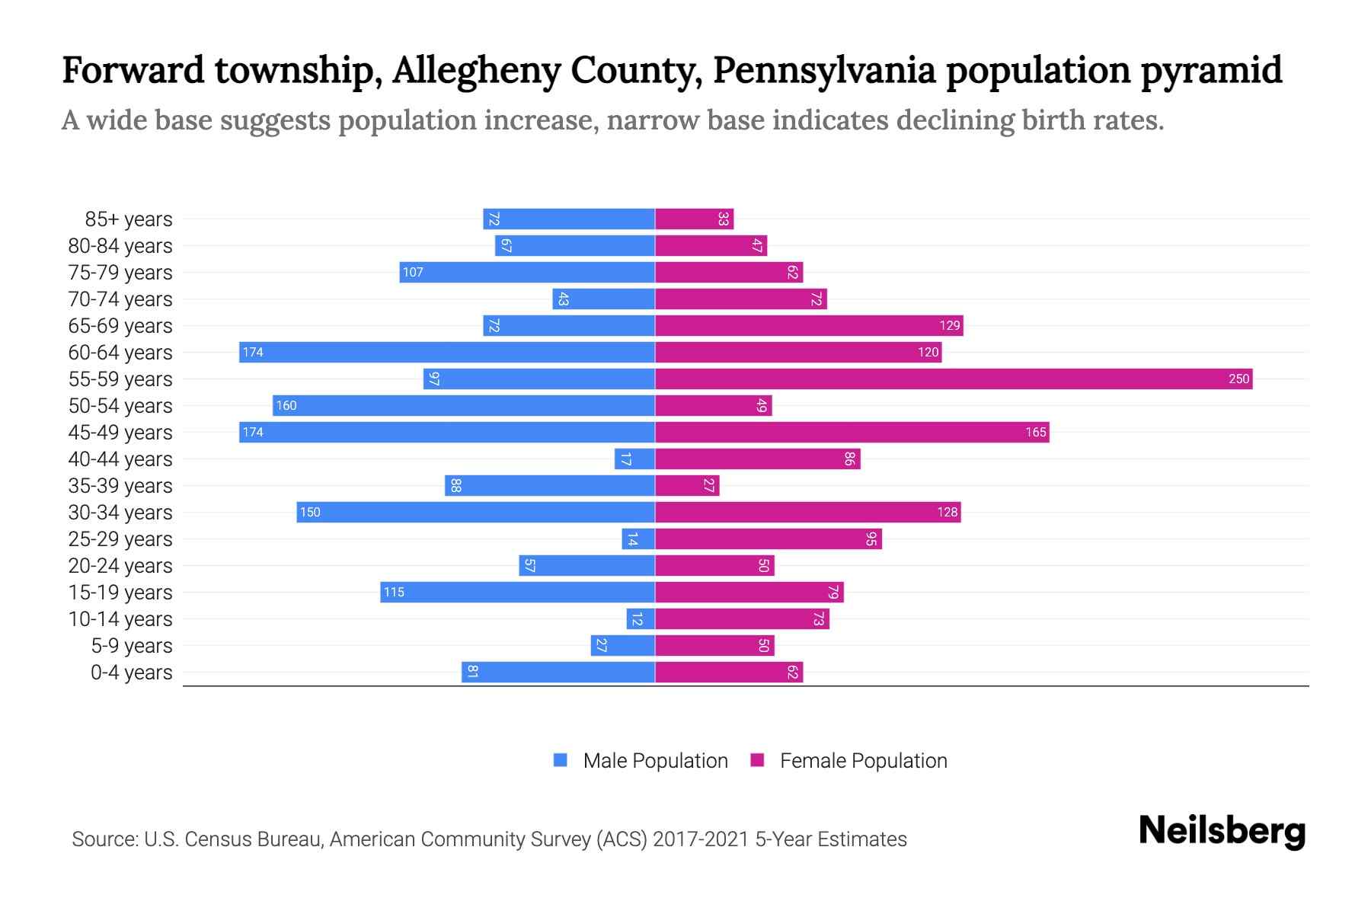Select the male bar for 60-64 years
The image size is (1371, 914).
pos(447,352)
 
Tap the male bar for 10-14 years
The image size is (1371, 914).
pos(641,618)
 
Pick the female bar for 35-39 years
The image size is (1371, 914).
pos(687,485)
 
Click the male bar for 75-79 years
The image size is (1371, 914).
pos(527,272)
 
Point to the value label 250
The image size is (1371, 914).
pos(1238,379)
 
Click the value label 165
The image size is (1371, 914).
pos(1035,432)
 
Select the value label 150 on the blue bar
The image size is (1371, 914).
pos(310,512)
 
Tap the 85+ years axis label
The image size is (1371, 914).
pos(129,219)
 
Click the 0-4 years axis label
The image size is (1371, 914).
pos(131,673)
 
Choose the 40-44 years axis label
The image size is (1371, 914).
pos(120,459)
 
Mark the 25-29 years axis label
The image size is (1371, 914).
pos(120,539)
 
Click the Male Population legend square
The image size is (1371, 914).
pos(561,760)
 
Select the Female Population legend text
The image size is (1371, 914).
pos(863,760)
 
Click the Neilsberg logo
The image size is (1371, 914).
pos(1222,832)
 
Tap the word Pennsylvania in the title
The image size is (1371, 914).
pos(823,70)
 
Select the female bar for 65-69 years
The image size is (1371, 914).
pos(809,325)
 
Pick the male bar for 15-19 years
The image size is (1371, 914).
pos(518,592)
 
